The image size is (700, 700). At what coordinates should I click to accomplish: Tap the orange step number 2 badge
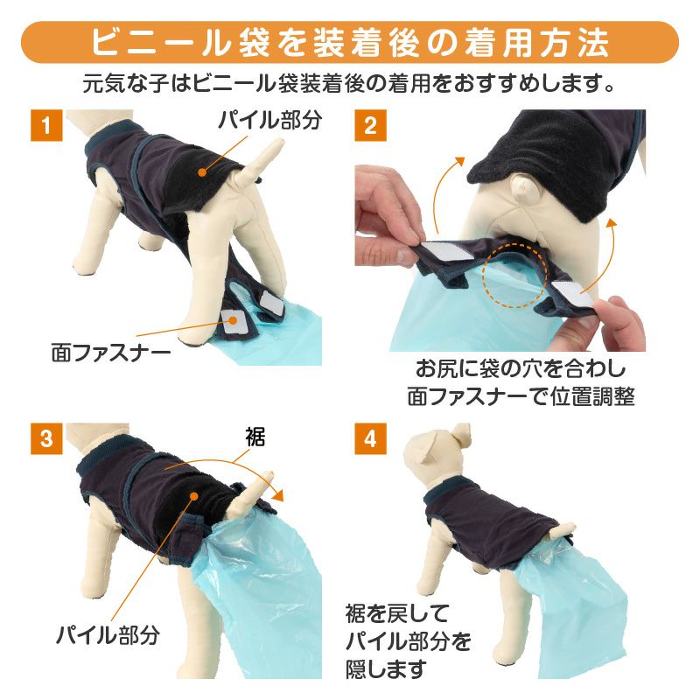[x=369, y=125]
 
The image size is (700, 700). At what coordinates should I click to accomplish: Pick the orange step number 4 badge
[x=369, y=437]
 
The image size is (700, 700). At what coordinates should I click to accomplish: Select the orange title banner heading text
[x=349, y=42]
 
